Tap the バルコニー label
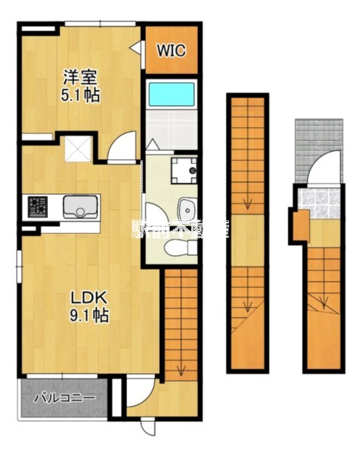[x=65, y=397]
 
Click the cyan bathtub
[x=171, y=94]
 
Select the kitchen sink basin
[x=78, y=206]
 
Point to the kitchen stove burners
[x=36, y=206]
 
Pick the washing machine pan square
[x=183, y=171]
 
